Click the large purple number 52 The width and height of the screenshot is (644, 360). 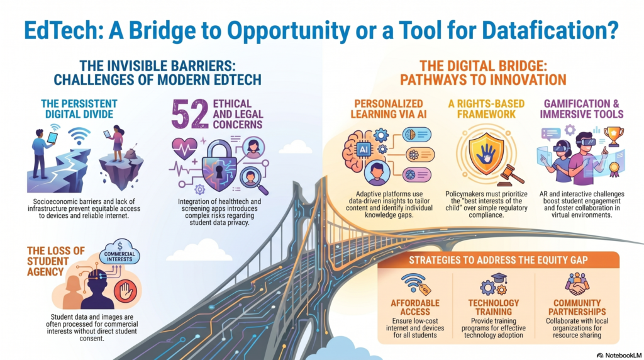190,114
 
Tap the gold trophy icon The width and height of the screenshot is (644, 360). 614,137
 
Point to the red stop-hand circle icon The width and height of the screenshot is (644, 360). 125,292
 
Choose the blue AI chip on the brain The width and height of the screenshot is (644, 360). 364,150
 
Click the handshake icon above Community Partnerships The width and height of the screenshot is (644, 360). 577,285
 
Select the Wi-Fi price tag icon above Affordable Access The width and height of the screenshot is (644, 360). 416,284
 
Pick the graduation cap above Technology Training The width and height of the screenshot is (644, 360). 499,278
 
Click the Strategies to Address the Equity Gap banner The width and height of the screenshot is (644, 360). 498,260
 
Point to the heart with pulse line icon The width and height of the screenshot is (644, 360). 185,149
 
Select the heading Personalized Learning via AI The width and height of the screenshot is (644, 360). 389,109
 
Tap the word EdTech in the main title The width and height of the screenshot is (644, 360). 64,30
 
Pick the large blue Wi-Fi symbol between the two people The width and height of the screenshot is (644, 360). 79,135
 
